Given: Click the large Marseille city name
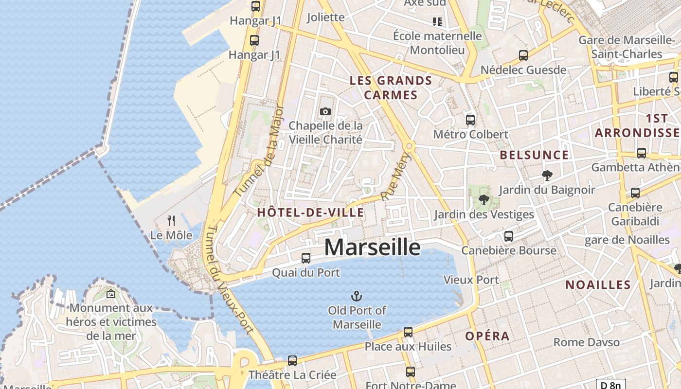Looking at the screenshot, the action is [x=372, y=248].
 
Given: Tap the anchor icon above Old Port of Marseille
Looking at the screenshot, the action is [x=357, y=296].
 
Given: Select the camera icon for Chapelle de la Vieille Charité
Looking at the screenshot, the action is [x=325, y=112].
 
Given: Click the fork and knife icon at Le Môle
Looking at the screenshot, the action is [x=171, y=221].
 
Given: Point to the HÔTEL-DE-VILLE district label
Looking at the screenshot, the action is [x=310, y=212].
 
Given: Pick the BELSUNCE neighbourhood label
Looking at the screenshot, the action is [x=534, y=155].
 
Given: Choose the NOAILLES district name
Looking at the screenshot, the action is [x=598, y=285].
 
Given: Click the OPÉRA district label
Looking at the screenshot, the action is [x=487, y=336].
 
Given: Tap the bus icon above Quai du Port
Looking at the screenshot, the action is [x=305, y=258].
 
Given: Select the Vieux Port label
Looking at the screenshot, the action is [x=471, y=280].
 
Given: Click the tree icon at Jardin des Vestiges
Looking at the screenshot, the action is [x=484, y=199].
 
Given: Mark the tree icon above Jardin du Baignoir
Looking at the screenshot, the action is [x=547, y=176].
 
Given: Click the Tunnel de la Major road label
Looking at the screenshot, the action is [x=259, y=151].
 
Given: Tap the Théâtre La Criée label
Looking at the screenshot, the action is [x=292, y=375].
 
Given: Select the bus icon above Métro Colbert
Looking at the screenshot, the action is [x=470, y=120].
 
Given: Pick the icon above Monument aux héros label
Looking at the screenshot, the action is [x=111, y=294].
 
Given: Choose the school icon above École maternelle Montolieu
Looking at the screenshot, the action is [x=437, y=21].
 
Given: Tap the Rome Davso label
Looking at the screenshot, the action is [x=587, y=342].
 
